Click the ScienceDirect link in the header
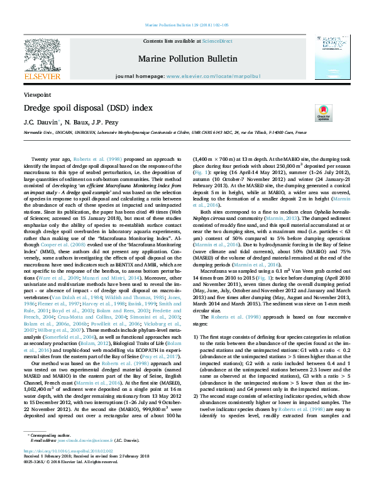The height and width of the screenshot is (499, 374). pyautogui.click(x=217, y=41)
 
